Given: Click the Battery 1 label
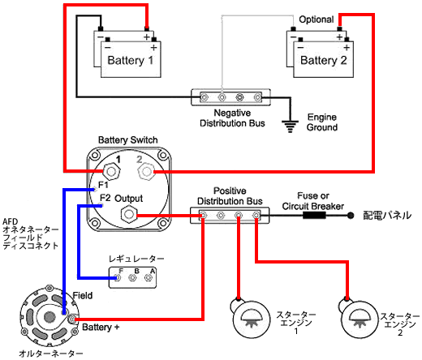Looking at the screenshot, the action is point(131,60).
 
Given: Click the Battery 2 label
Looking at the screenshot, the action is point(324,60).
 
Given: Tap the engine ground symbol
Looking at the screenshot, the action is point(290,126).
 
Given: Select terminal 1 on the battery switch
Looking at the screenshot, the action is point(111,171).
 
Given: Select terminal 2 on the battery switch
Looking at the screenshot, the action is point(146,172).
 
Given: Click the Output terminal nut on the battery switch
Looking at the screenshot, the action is point(129,214).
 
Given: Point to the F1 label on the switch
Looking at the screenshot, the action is point(103,185).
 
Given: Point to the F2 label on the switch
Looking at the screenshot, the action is point(105,198).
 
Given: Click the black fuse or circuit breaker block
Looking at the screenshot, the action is point(314,216).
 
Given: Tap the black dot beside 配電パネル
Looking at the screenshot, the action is point(351,216).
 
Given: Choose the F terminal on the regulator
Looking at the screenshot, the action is point(118,277).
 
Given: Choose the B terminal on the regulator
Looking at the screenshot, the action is point(132,277).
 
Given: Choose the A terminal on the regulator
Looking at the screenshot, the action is point(148,277).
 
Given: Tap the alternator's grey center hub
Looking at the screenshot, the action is point(50,317).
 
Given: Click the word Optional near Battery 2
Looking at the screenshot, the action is point(316,19).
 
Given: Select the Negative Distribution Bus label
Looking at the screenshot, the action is point(232,118).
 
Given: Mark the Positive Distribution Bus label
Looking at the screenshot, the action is point(230,196).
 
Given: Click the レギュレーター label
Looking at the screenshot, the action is point(136,259).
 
